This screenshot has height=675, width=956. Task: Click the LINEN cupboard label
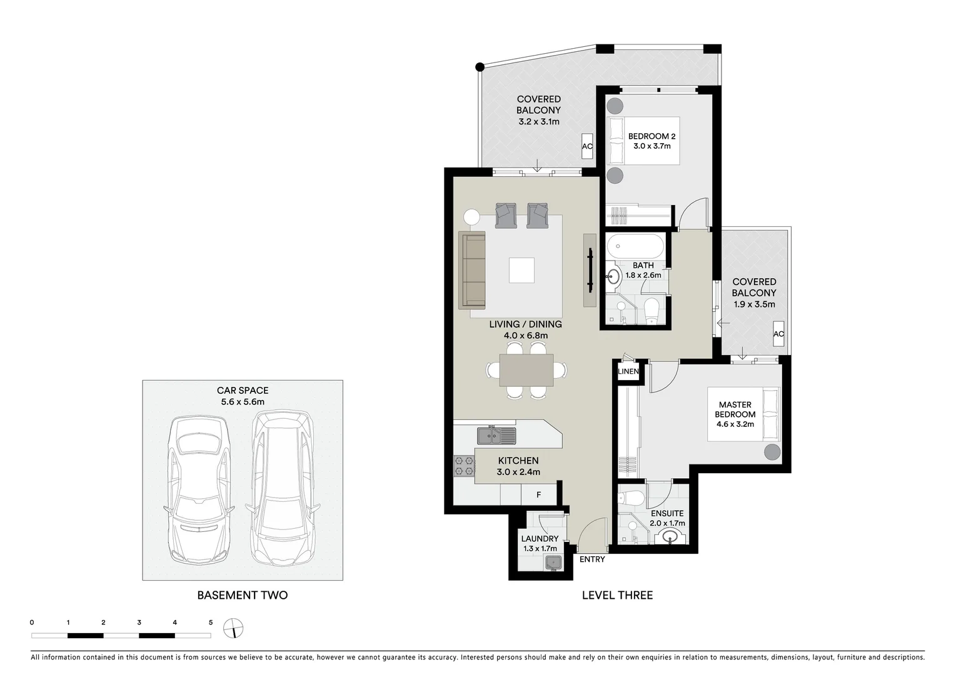[628, 371]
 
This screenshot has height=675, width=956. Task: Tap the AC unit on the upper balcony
[587, 147]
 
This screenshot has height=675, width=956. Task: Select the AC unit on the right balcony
[778, 334]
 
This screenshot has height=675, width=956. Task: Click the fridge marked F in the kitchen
[539, 494]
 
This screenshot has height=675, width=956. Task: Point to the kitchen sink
[496, 434]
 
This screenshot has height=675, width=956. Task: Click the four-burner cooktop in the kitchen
[464, 466]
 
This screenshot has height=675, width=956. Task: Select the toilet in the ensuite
[631, 497]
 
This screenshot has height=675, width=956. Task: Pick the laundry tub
[552, 562]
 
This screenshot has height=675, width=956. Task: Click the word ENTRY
[591, 559]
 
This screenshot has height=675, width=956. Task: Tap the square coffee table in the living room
[521, 271]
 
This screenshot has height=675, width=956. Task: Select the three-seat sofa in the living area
[473, 270]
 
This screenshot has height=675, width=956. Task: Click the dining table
[526, 370]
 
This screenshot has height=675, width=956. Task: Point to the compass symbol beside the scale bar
[233, 627]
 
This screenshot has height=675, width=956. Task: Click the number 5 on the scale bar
[211, 622]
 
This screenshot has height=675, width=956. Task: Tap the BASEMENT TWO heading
[243, 595]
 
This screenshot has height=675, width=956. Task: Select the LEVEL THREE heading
[617, 595]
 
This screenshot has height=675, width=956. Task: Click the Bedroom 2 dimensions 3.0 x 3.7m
[652, 146]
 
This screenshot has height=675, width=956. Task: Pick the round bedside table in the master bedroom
[772, 452]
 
